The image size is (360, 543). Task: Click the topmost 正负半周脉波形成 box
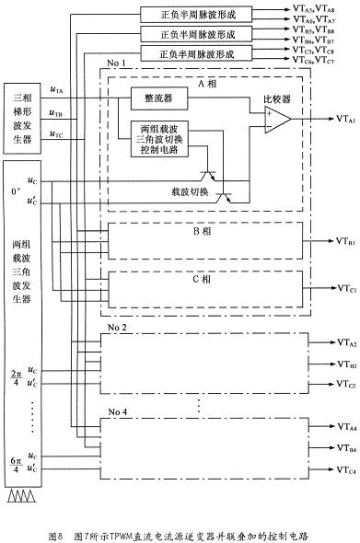click(x=199, y=14)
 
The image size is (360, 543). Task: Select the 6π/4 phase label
click(x=14, y=464)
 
